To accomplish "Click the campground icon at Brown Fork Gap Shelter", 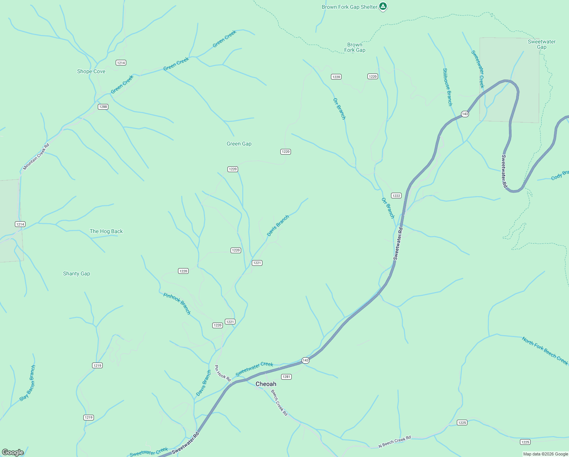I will point(383,6).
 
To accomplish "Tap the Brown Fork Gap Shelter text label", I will point(349,7).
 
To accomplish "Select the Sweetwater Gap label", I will point(542,44).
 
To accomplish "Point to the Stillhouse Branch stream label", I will point(448,87).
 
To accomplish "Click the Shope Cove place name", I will point(91,71).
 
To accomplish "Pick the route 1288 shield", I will point(103,107).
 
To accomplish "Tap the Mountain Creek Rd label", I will point(36,157).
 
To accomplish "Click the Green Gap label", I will point(239,144).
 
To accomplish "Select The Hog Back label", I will point(106,231).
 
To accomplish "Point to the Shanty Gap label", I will point(76,273).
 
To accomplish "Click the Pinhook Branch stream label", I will point(177,304).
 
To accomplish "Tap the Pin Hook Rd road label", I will point(223,374).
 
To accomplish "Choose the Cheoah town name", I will point(266,384).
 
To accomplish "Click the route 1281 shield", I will point(286,377).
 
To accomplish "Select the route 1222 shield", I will point(396,195).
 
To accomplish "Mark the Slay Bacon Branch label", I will point(27,383).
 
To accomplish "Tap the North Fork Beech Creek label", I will point(545,351).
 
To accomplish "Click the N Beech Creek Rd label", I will point(395,442).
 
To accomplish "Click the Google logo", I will point(13,452).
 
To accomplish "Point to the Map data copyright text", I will point(545,454).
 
